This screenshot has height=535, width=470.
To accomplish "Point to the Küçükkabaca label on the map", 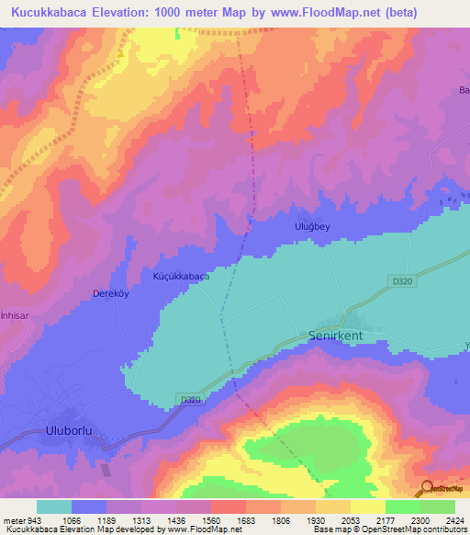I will tap(181, 276).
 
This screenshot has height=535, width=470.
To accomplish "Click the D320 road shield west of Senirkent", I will tap(190, 399).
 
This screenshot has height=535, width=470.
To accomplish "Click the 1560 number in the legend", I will tap(209, 519).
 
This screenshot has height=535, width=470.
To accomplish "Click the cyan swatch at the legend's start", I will tap(53, 507).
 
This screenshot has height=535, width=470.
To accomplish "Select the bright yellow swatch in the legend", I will tap(367, 507).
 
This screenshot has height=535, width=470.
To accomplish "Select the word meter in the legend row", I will tap(12, 519).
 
